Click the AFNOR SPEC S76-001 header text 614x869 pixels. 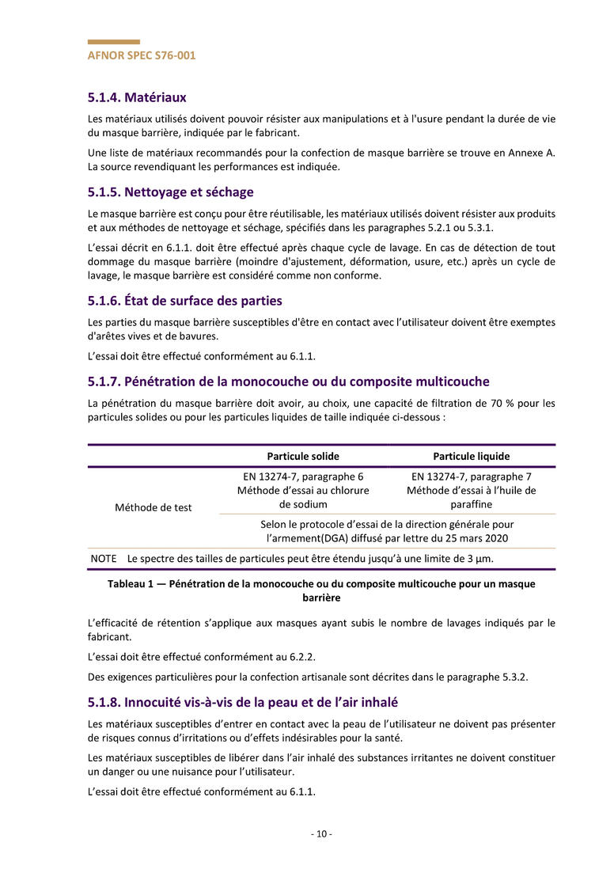(142, 55)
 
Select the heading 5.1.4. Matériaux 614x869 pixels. (137, 97)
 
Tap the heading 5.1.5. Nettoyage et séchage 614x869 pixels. (170, 192)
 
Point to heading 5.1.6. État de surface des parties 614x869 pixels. (184, 301)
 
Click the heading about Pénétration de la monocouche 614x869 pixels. (288, 381)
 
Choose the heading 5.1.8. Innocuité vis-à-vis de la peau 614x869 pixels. (243, 702)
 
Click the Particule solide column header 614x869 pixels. (303, 457)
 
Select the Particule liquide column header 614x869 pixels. (471, 457)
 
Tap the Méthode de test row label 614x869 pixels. (153, 507)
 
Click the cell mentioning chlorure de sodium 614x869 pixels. (303, 491)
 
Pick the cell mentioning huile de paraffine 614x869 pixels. (471, 491)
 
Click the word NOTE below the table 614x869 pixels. (104, 559)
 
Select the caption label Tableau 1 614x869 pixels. (131, 584)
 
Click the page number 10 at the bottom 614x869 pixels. (320, 834)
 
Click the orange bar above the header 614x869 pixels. (114, 42)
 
